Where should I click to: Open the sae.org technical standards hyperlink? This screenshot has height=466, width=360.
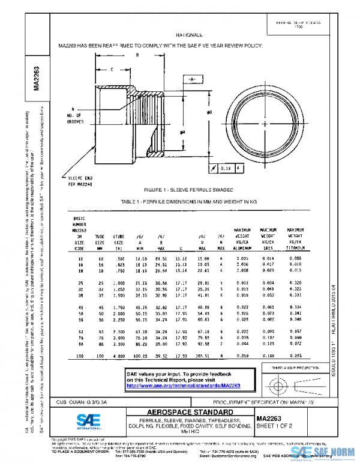click(x=186, y=386)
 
